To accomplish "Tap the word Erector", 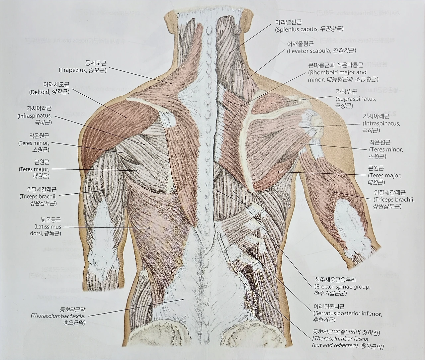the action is point(325,287).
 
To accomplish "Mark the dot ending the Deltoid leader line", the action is point(126,117).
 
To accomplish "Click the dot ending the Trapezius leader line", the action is point(172,84).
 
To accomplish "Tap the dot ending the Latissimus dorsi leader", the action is point(149,228).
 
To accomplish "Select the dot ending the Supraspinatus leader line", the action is point(272,103).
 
